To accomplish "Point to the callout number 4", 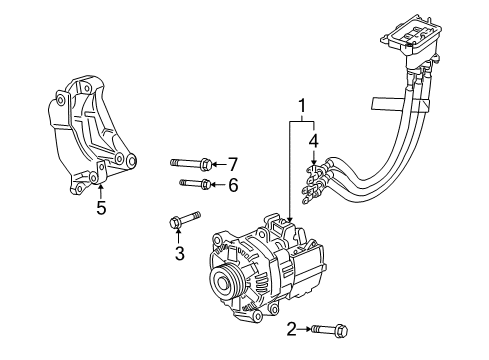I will tap(313, 140).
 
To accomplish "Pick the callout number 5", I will tap(100, 208).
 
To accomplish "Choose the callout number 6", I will tap(232, 185).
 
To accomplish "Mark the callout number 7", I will tap(232, 163).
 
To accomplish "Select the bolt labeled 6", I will tap(195, 184).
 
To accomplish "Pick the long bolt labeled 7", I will tap(191, 162).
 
